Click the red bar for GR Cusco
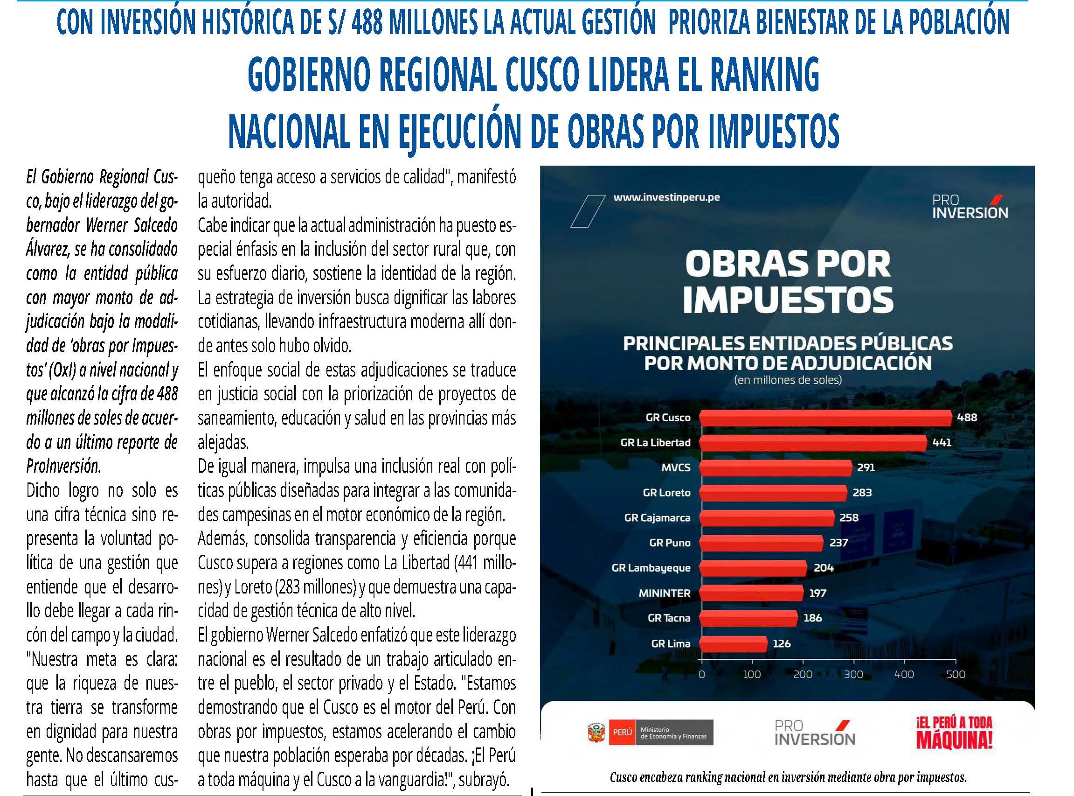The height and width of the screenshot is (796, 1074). pyautogui.click(x=825, y=418)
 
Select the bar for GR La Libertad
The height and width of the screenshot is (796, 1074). pyautogui.click(x=813, y=443)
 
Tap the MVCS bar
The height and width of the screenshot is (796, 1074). pyautogui.click(x=776, y=468)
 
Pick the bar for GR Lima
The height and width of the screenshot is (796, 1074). pyautogui.click(x=733, y=644)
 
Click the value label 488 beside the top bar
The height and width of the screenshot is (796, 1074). pyautogui.click(x=967, y=418)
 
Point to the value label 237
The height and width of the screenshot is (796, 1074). pyautogui.click(x=838, y=543)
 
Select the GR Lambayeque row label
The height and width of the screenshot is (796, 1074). pyautogui.click(x=651, y=568)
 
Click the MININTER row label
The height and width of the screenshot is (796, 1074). pyautogui.click(x=664, y=594)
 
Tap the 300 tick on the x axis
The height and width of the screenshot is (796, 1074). pyautogui.click(x=853, y=675)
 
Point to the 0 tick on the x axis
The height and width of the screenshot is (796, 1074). pyautogui.click(x=702, y=675)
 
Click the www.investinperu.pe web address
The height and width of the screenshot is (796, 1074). pyautogui.click(x=666, y=197)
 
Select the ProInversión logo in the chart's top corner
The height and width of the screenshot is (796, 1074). pyautogui.click(x=970, y=206)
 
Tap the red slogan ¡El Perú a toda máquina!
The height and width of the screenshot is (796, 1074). pyautogui.click(x=954, y=733)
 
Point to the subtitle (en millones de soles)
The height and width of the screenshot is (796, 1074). pyautogui.click(x=788, y=380)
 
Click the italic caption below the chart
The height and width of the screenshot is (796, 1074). pyautogui.click(x=788, y=777)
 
